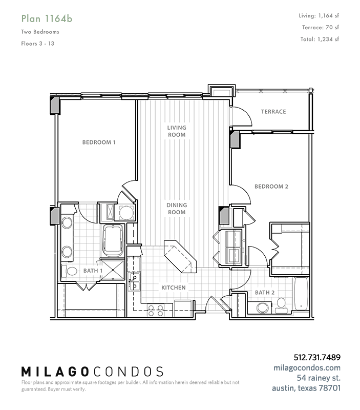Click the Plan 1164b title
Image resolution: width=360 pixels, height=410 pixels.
tap(47, 19)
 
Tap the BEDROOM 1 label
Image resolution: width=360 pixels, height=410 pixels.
tap(99, 142)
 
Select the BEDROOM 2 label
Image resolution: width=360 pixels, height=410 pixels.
tap(271, 187)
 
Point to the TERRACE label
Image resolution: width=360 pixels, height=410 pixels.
tap(273, 112)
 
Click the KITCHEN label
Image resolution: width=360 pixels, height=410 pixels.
tap(174, 288)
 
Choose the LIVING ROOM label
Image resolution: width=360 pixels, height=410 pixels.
tap(177, 131)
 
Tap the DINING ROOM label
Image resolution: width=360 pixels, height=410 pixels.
tap(177, 209)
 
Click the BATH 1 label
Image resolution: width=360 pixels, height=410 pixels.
tap(93, 271)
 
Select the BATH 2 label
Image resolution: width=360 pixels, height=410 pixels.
tap(265, 293)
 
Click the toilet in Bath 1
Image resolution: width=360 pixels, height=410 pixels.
tap(69, 271)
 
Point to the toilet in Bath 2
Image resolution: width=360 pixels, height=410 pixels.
tap(281, 305)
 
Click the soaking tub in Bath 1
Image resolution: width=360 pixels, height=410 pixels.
tap(113, 240)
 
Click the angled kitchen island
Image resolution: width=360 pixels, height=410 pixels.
tap(180, 257)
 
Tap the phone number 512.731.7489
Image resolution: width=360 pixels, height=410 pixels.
tap(317, 357)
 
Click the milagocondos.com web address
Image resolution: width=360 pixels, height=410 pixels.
tap(307, 367)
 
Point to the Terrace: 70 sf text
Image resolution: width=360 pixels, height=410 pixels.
tap(320, 27)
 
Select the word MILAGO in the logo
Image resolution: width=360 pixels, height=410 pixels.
tap(55, 372)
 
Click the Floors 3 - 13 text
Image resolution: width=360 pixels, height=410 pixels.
tap(37, 44)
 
